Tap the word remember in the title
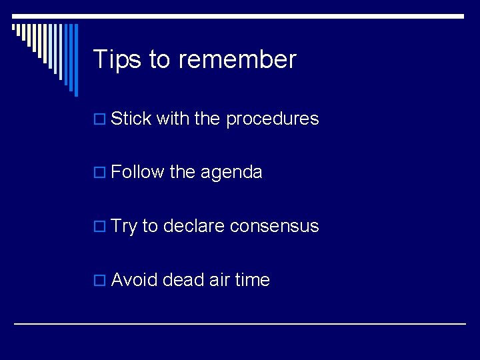point(237,60)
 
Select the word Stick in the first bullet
point(131,119)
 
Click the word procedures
point(272,119)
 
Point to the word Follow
point(138,173)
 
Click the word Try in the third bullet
point(124,227)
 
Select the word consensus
point(274,227)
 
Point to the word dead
point(183,280)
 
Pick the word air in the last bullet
point(219,280)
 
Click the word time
point(252,280)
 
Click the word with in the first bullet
point(172,119)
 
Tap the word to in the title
point(160,60)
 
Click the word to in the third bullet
point(150,227)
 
